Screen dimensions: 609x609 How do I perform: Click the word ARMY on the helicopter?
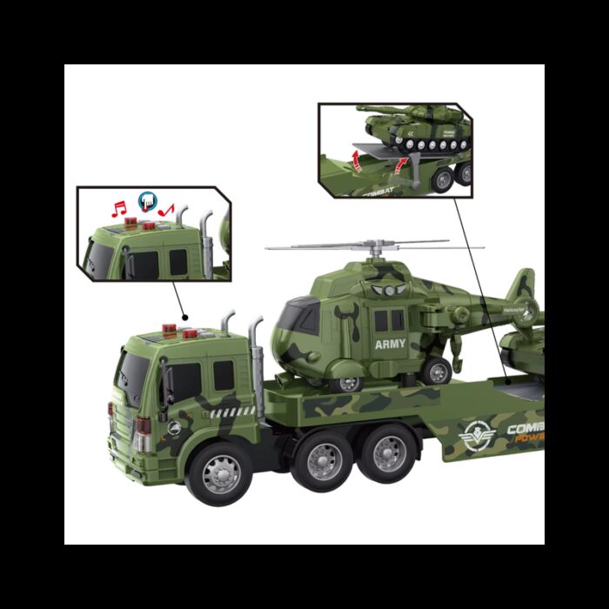(390, 345)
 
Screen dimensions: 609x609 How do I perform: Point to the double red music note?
(119, 208)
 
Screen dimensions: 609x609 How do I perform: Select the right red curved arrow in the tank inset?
(398, 164)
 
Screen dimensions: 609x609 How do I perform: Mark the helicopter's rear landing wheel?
(438, 372)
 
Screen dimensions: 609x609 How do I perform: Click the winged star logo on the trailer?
(478, 434)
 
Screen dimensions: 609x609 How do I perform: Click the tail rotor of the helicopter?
(522, 288)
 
